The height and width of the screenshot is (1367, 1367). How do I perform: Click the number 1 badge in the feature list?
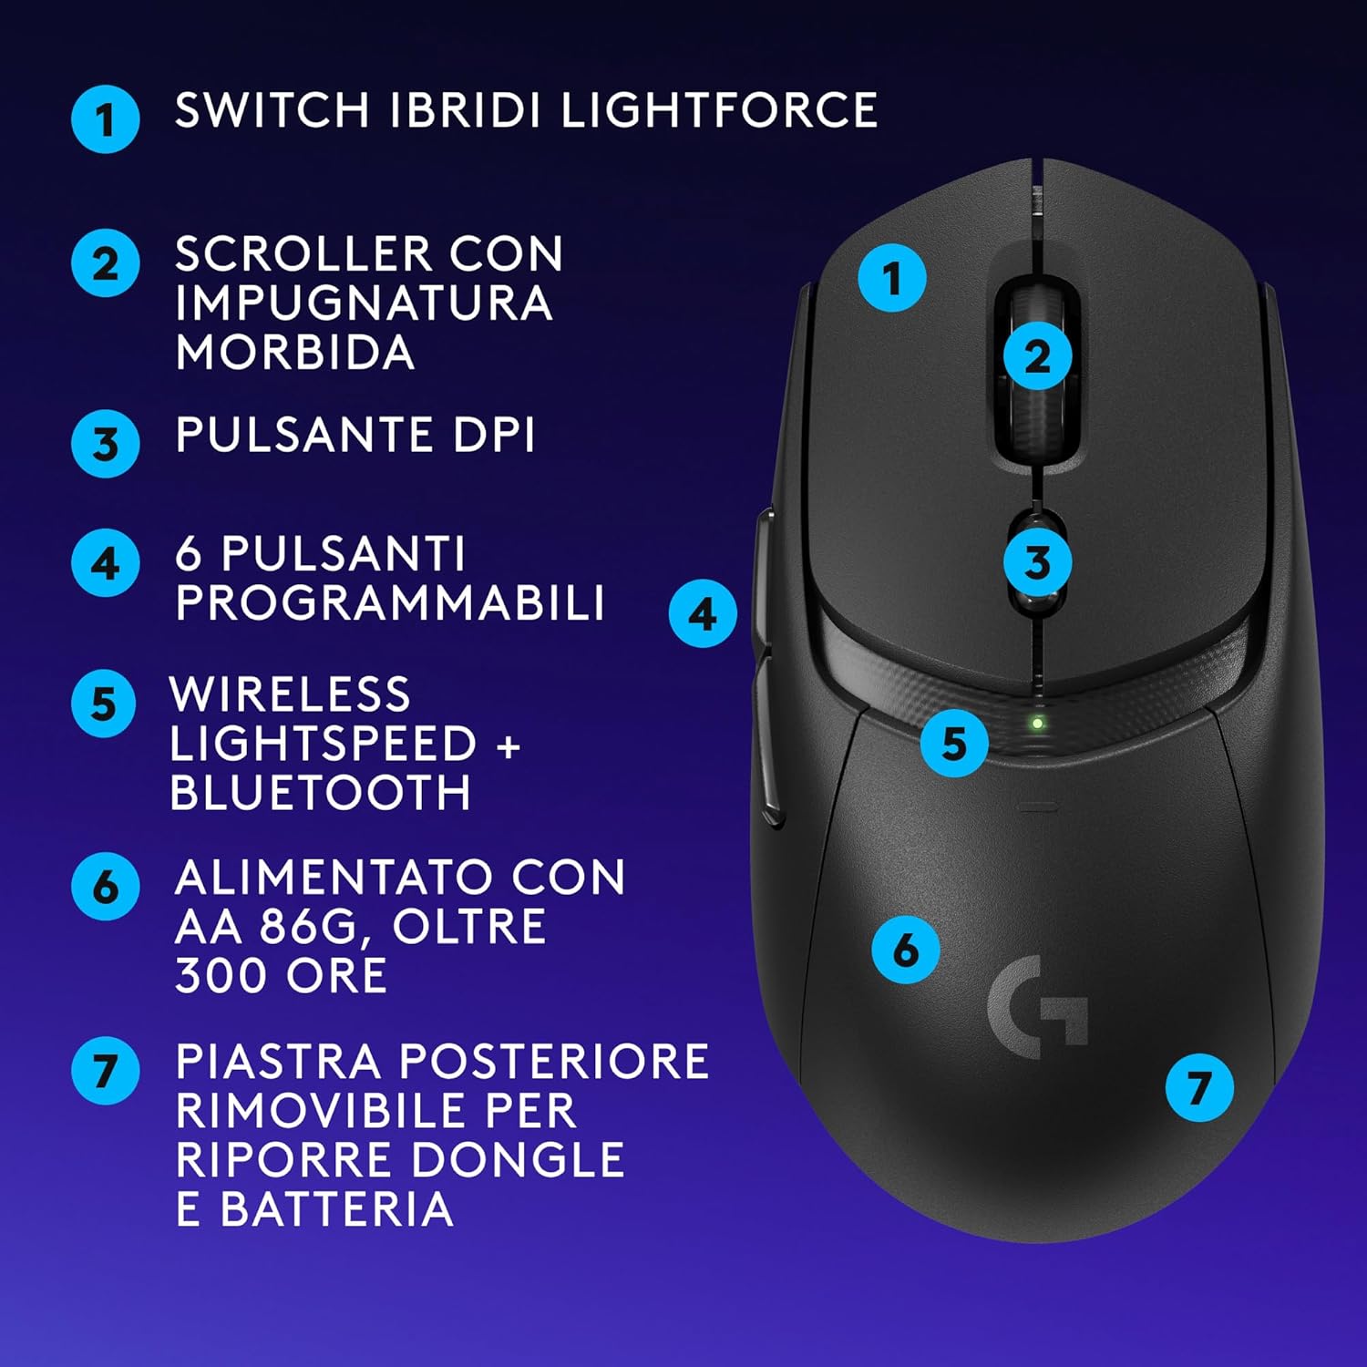click(106, 118)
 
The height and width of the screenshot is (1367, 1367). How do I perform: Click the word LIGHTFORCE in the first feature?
click(718, 110)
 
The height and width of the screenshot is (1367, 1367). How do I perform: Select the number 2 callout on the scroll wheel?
click(1037, 355)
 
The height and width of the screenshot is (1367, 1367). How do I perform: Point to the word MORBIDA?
click(295, 353)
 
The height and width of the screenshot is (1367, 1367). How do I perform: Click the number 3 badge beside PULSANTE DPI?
click(106, 444)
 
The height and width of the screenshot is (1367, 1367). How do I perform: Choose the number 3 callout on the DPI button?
click(1037, 562)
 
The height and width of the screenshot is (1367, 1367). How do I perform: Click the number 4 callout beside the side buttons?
click(703, 614)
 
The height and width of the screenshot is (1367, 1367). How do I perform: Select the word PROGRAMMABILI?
click(390, 602)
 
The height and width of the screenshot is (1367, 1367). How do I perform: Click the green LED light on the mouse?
click(1037, 725)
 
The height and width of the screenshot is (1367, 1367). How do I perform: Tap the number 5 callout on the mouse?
click(954, 744)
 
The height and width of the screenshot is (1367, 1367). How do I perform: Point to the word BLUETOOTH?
click(320, 792)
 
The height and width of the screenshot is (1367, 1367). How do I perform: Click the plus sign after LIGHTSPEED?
click(509, 745)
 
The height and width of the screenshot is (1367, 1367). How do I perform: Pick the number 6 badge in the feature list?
click(106, 886)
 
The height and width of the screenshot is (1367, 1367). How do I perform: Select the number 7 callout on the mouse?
click(1199, 1087)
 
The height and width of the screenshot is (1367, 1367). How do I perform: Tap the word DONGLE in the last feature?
click(518, 1160)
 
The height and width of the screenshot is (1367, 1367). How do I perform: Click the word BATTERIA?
click(336, 1209)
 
